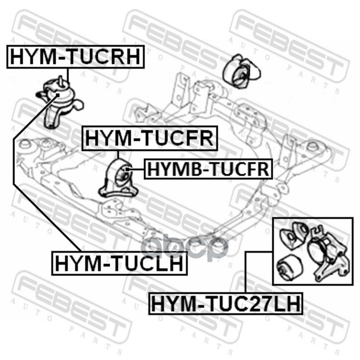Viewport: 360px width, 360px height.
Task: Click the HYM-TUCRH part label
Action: [x=75, y=57]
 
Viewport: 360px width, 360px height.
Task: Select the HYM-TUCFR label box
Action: [x=150, y=138]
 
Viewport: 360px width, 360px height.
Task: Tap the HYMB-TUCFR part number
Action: [x=208, y=169]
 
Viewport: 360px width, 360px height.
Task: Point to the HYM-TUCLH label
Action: [x=119, y=263]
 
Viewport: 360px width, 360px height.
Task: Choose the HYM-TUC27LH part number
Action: [x=226, y=303]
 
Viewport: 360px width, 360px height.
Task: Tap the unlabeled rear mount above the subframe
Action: [x=242, y=71]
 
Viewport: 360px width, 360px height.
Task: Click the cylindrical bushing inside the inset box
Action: [x=289, y=267]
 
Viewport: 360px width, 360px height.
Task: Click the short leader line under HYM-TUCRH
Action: [x=68, y=75]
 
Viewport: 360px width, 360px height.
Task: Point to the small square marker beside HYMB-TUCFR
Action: [x=128, y=170]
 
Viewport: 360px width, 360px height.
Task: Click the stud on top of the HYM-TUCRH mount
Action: [x=61, y=81]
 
